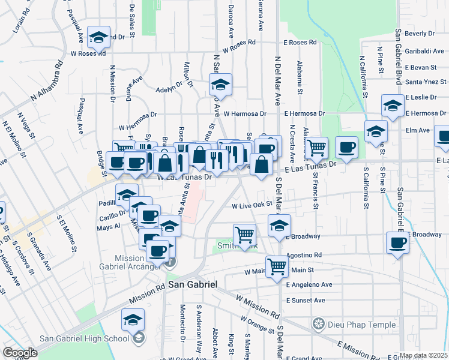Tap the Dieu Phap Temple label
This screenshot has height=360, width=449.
[x=358, y=325]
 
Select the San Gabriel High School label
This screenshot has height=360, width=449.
[x=85, y=338]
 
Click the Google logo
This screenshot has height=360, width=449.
[x=20, y=353]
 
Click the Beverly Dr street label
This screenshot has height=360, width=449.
[x=418, y=34]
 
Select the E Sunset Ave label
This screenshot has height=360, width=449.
[x=305, y=300]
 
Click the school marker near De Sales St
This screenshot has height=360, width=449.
[x=99, y=37]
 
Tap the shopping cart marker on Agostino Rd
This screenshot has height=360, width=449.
[x=277, y=265]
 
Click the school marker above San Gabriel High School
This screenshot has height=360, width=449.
[x=133, y=320]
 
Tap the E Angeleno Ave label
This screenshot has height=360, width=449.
[x=309, y=284]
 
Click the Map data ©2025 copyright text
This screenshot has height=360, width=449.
[x=423, y=355]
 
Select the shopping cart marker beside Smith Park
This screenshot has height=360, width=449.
[x=244, y=235]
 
